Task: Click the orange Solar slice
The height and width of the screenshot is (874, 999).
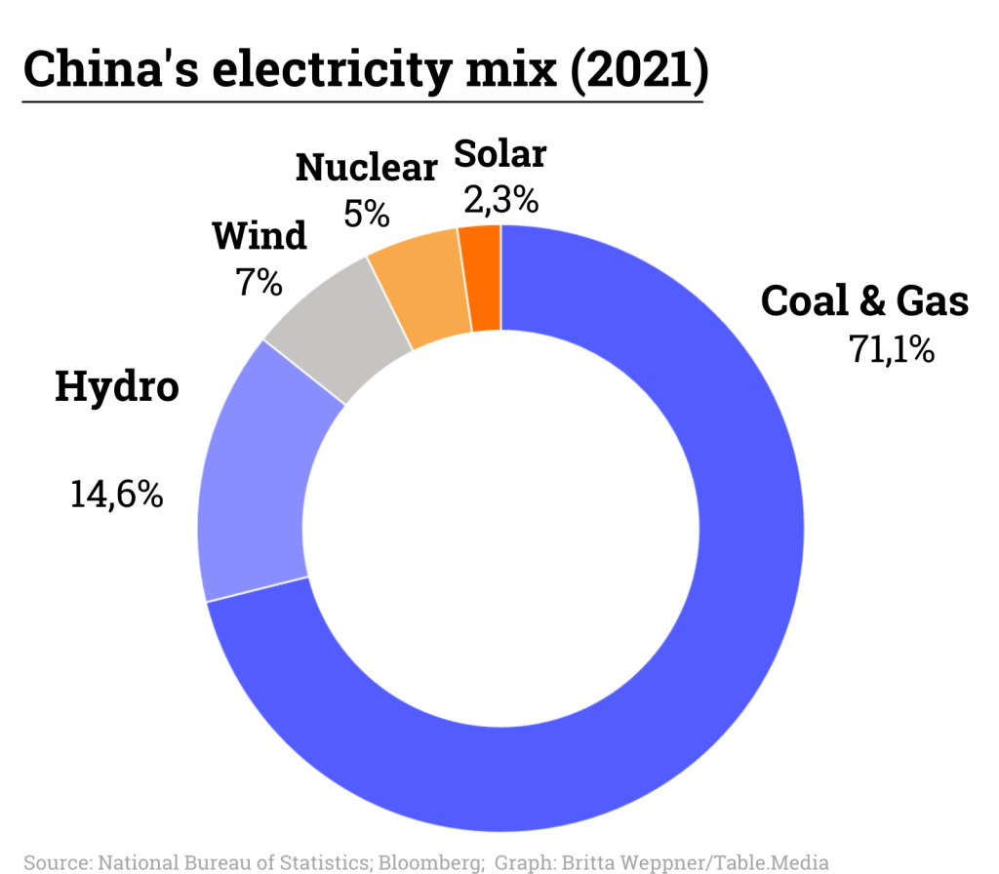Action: [x=481, y=278]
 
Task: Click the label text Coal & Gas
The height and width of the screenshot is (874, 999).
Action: [x=864, y=300]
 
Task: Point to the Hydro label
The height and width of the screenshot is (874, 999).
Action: [x=117, y=386]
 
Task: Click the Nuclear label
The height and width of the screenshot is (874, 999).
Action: [x=367, y=168]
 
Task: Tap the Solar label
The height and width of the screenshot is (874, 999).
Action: [x=500, y=153]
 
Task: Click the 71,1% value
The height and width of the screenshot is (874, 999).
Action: [x=892, y=349]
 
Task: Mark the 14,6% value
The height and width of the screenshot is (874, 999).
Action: [x=116, y=495]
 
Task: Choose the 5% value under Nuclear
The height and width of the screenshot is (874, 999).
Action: [x=367, y=213]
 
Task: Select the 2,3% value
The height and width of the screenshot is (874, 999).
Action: [x=500, y=200]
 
